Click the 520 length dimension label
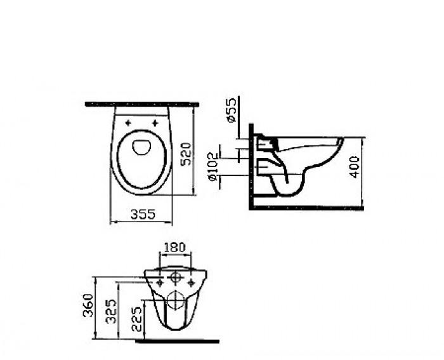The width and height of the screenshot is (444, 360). [x=186, y=153]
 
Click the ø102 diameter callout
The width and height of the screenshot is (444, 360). [x=214, y=168]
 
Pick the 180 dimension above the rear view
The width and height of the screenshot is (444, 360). [x=175, y=247]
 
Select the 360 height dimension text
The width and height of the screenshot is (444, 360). [x=88, y=307]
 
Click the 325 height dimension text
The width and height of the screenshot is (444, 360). [x=111, y=312]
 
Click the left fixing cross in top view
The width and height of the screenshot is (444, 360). [x=128, y=123]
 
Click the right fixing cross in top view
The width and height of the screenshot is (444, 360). [x=155, y=123]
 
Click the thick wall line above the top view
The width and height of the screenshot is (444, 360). [x=141, y=103]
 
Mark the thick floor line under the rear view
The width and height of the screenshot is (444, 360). [x=177, y=341]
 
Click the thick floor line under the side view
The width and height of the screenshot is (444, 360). [x=307, y=207]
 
